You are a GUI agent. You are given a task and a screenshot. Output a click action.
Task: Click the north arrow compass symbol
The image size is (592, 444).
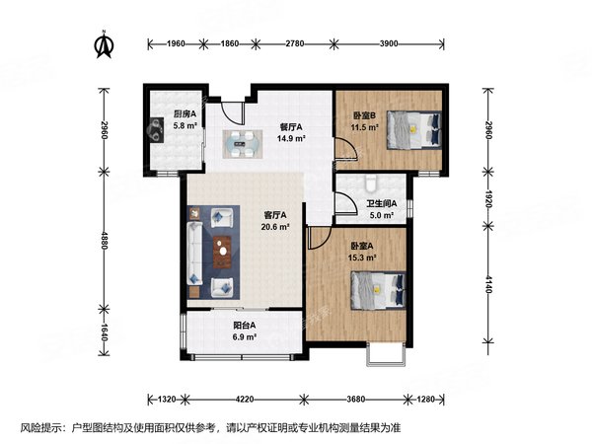pyautogui.click(x=102, y=44)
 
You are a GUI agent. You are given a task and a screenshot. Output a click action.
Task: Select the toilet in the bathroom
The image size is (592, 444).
pyautogui.click(x=369, y=184)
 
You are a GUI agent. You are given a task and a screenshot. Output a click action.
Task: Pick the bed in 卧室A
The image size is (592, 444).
pyautogui.click(x=378, y=290)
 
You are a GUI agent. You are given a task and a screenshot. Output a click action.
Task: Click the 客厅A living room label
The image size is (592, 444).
pyautogui.click(x=274, y=215)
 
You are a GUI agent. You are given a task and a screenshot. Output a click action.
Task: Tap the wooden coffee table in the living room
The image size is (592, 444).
pyautogui.click(x=224, y=252)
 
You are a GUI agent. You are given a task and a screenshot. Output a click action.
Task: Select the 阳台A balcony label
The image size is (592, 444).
pyautogui.click(x=245, y=326)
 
